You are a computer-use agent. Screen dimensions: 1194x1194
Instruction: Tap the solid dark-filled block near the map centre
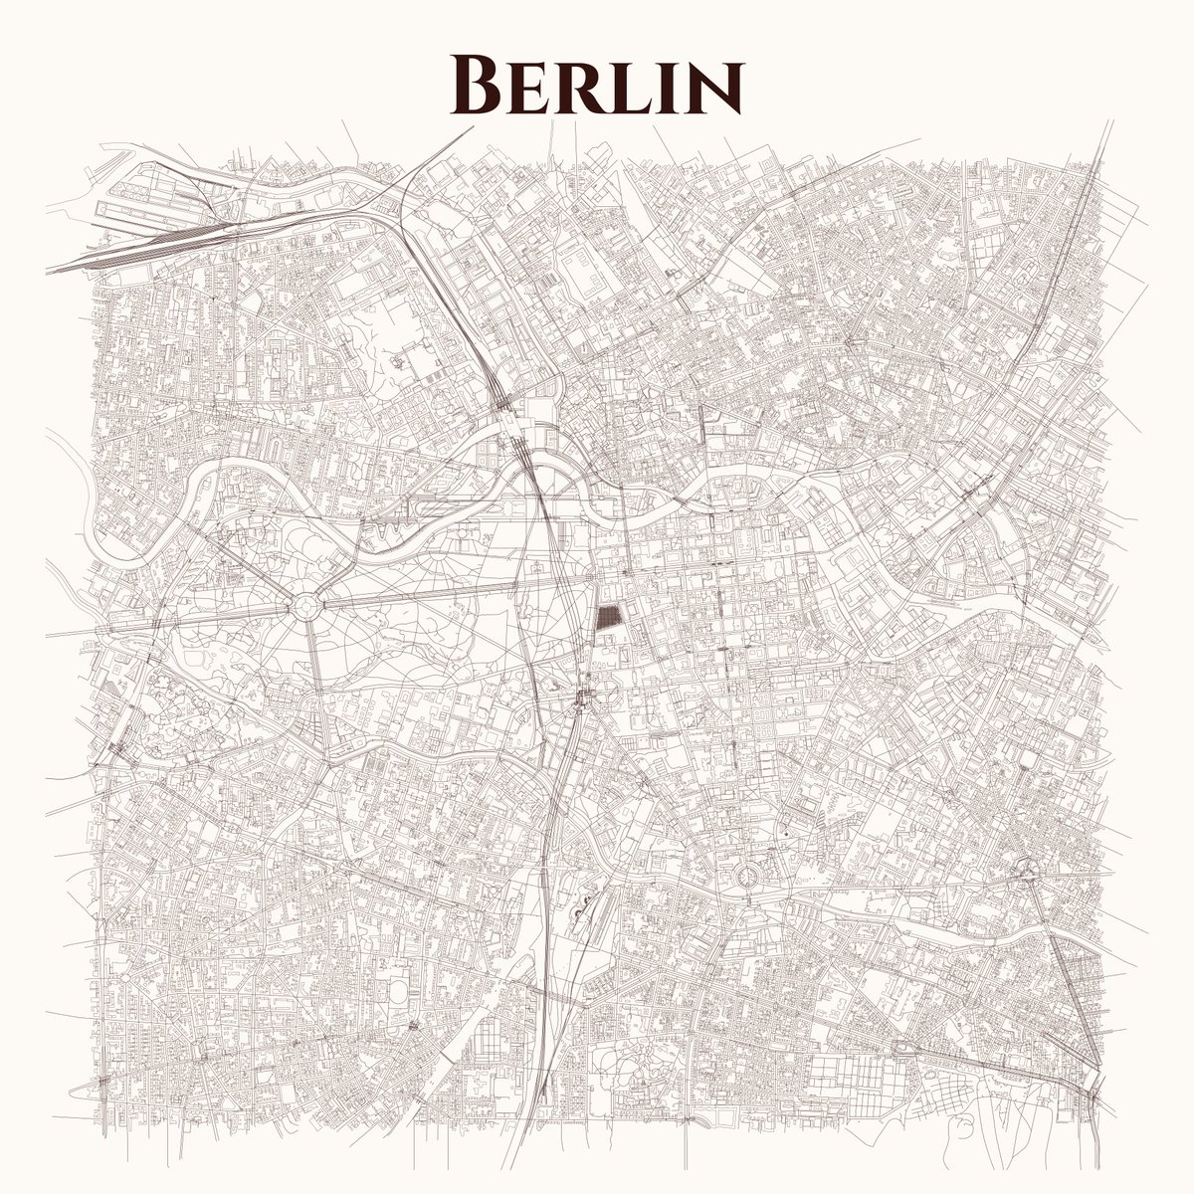tap(607, 618)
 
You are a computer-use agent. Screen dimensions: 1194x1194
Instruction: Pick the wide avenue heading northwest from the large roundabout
tap(249, 547)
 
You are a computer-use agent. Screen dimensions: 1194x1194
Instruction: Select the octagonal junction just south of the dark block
tap(582, 696)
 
